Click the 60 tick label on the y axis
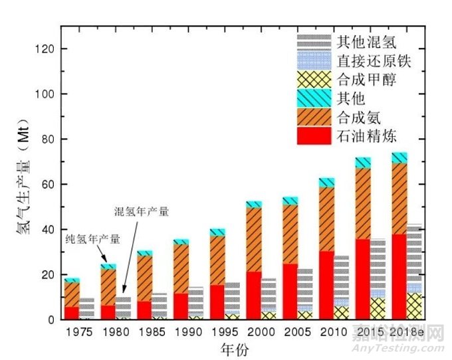47,184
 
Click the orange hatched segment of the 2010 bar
326,219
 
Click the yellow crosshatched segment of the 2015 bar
378,309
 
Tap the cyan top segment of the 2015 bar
362,163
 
